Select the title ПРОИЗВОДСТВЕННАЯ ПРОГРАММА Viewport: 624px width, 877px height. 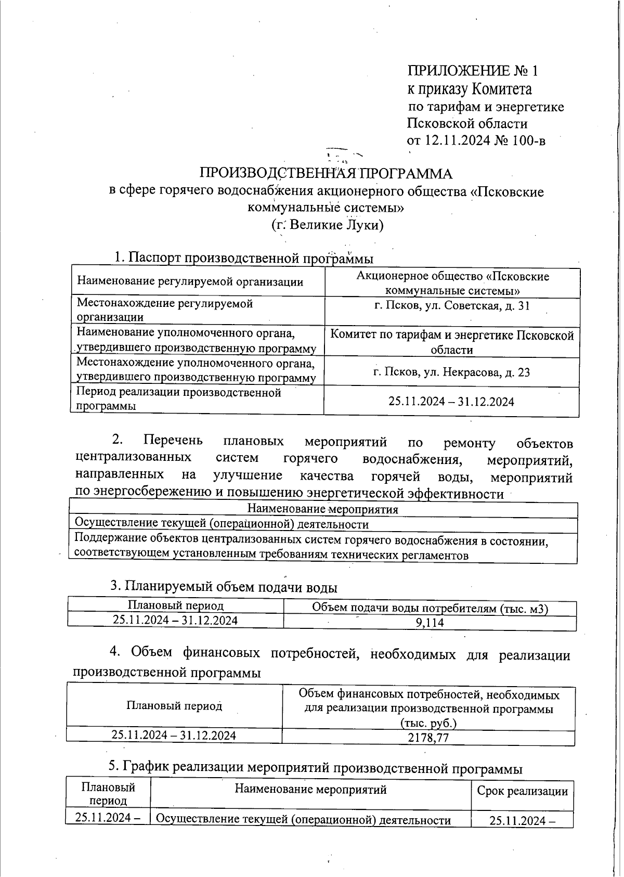pyautogui.click(x=326, y=174)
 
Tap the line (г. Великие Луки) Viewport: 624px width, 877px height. pyautogui.click(x=327, y=225)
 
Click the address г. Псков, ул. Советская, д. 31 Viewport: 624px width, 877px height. pyautogui.click(x=452, y=306)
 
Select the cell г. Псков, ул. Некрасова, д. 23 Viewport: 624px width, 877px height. pyautogui.click(x=452, y=372)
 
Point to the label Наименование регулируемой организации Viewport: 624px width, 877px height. pyautogui.click(x=190, y=282)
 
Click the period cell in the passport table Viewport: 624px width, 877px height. pyautogui.click(x=451, y=402)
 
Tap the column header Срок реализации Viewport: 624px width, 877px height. pyautogui.click(x=522, y=792)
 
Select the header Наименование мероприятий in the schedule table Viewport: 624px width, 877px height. pyautogui.click(x=310, y=790)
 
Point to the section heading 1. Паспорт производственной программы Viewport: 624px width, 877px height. pyautogui.click(x=243, y=258)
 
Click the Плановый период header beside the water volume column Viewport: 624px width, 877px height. pyautogui.click(x=176, y=606)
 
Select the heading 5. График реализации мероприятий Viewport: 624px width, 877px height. pyautogui.click(x=315, y=767)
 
